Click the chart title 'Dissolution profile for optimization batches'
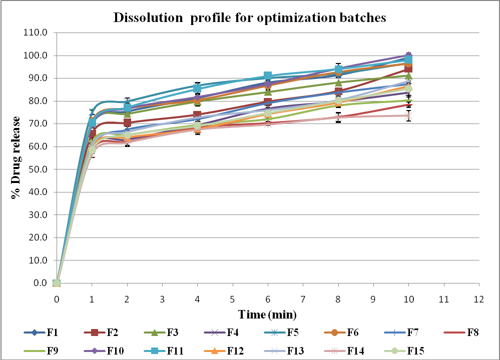click(250, 17)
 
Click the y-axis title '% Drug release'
click(16, 157)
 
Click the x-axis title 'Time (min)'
click(267, 314)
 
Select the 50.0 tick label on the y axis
click(40, 169)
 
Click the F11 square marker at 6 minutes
click(268, 76)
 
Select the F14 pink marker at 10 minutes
click(408, 115)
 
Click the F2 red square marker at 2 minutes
click(127, 122)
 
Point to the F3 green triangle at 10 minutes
click(408, 76)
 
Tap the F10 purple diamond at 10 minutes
click(408, 55)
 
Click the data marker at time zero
click(57, 283)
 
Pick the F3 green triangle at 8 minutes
click(338, 83)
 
